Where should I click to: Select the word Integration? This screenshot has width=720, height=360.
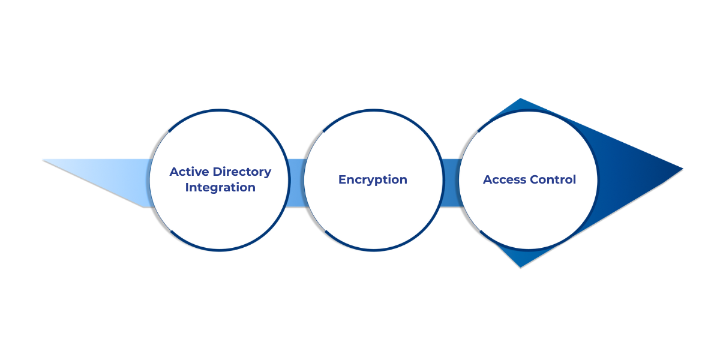coord(220,188)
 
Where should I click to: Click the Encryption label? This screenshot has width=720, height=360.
coord(373,180)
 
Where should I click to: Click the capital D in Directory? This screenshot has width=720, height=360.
coord(217,172)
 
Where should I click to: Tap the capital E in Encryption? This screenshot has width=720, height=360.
coord(342,180)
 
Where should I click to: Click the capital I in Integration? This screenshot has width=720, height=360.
coord(187,188)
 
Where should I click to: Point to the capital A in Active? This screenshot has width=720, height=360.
coord(174,172)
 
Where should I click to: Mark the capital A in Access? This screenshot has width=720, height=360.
coord(487,180)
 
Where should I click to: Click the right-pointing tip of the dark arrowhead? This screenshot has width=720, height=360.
coord(682,169)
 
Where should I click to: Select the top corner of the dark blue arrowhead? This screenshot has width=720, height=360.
coord(520,99)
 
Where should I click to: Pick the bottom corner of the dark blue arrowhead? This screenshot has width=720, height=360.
coord(520,266)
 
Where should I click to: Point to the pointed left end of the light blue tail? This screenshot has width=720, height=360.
coord(44,160)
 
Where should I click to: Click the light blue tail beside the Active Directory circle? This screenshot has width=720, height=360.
coord(120,180)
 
